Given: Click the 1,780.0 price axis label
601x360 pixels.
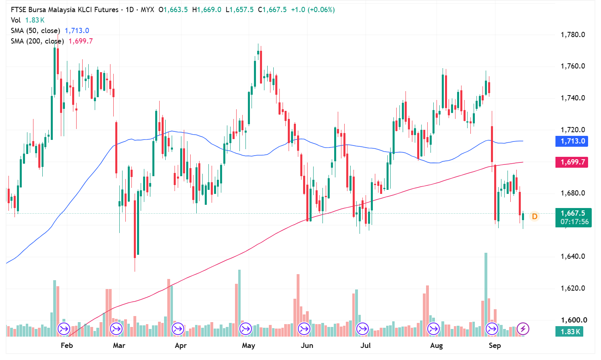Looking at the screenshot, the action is (572, 35).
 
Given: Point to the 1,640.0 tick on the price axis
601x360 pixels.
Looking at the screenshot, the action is (572, 256).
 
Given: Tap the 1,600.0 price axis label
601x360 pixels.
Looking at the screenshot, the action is (572, 320).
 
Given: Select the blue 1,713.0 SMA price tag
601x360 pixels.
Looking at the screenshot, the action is (572, 141).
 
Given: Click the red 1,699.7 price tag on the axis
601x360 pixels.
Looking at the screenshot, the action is (572, 162).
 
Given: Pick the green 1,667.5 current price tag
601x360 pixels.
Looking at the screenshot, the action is (573, 218).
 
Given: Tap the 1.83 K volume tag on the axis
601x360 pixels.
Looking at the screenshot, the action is (569, 331).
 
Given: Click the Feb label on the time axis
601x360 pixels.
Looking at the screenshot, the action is (67, 345).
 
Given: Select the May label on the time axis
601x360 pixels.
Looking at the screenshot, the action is (248, 345).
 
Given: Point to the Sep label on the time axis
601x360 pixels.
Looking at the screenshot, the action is (495, 345).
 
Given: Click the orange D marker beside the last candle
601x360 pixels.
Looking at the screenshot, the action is (534, 216).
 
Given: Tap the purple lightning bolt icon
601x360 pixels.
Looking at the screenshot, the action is (523, 329).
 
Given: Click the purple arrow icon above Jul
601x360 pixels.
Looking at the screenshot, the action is (362, 329).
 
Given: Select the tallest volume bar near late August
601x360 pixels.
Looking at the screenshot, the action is (486, 295).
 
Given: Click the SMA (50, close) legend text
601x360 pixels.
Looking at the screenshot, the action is (35, 31).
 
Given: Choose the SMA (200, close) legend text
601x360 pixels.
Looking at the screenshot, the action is (37, 41).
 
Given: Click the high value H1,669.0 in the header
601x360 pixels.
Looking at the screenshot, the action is (207, 10).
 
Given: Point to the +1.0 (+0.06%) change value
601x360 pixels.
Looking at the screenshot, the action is (313, 10).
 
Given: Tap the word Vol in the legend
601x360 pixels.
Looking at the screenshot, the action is (16, 21).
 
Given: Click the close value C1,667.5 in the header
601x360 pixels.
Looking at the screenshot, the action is (272, 10).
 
